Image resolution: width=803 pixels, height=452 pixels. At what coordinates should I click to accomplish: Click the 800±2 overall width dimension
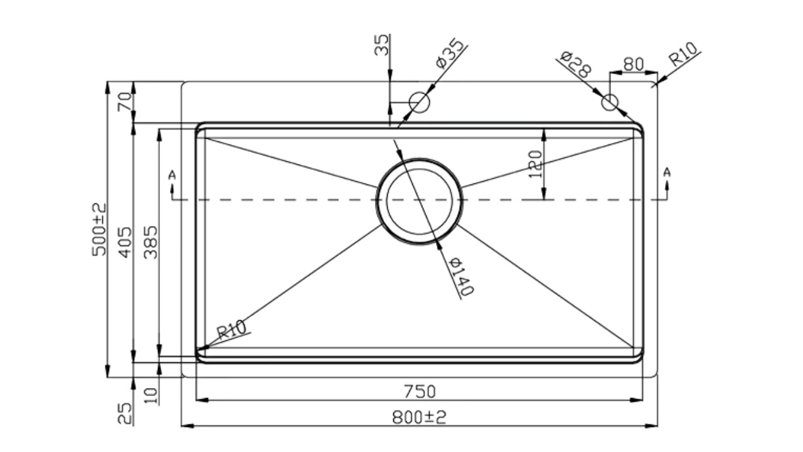[x=419, y=417]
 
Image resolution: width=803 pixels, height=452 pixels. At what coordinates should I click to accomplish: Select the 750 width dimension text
[x=420, y=391]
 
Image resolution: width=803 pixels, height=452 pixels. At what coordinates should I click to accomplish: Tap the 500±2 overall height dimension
[x=99, y=230]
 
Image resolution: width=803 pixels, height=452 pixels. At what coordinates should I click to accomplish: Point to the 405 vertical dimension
[x=125, y=242]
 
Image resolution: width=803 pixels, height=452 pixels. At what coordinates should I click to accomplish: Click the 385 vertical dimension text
[x=151, y=242]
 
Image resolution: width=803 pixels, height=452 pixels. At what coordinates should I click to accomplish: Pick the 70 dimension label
[x=125, y=102]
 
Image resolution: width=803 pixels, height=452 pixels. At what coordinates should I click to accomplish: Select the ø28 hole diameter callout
[x=575, y=65]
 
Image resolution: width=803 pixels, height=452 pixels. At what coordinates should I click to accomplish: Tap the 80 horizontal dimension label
[x=634, y=64]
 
